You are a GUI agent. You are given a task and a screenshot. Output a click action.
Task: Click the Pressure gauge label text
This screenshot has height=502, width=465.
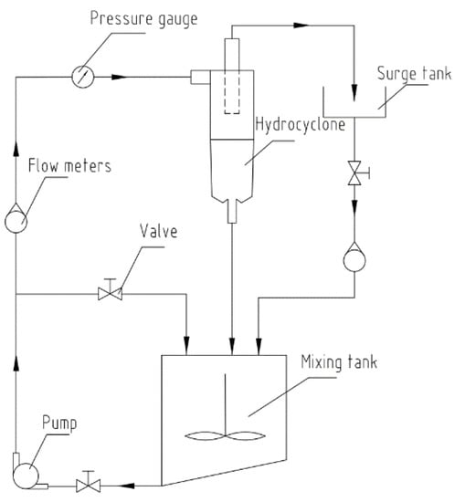pyautogui.click(x=144, y=19)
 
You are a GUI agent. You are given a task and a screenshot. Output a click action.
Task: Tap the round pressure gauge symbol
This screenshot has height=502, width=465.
pyautogui.click(x=83, y=77)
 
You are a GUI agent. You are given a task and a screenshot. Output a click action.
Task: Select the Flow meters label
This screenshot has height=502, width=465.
pyautogui.click(x=69, y=166)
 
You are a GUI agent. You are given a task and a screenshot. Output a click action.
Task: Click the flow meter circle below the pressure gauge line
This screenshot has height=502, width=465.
pyautogui.click(x=16, y=221)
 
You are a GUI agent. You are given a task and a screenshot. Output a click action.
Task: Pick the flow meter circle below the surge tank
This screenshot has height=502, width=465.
pyautogui.click(x=354, y=259)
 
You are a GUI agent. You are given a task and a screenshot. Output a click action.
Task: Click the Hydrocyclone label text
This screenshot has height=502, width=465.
pyautogui.click(x=301, y=125)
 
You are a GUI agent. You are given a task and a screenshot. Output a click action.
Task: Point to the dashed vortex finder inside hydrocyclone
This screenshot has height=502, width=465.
pyautogui.click(x=232, y=92)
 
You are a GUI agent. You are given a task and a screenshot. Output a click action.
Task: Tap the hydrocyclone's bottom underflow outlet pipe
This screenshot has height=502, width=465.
pyautogui.click(x=232, y=211)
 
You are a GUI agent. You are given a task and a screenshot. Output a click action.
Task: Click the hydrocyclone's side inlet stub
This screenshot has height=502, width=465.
pyautogui.click(x=201, y=78)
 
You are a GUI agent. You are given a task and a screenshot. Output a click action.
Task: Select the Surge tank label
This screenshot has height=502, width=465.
pyautogui.click(x=415, y=74)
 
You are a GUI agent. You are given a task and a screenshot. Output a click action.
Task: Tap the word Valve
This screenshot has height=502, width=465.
pyautogui.click(x=159, y=231)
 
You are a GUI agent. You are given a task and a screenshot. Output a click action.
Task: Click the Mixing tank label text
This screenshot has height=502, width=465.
pyautogui.click(x=339, y=362)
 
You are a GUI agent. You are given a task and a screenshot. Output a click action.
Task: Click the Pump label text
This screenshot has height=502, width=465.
pyautogui.click(x=59, y=424)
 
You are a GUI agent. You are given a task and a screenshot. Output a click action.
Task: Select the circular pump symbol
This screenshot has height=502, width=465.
pyautogui.click(x=26, y=476)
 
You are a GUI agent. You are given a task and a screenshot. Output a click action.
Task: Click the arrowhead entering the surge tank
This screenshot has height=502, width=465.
pyautogui.click(x=354, y=92)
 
